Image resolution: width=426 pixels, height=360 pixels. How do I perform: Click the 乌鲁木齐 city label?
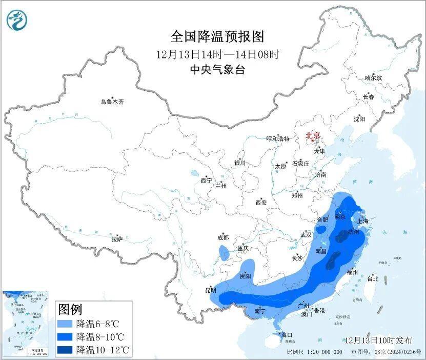[112, 102]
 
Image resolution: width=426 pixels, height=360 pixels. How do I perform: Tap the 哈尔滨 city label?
[373, 78]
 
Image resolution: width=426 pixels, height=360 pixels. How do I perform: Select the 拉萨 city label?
[117, 239]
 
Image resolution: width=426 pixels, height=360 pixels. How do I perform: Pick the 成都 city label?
[222, 237]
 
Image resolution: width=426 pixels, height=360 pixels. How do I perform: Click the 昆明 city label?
[211, 290]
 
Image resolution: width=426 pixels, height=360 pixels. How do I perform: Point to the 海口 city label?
[287, 335]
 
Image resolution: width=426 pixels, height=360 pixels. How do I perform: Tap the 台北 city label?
[372, 279]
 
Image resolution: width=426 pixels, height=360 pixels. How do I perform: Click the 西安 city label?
[261, 203]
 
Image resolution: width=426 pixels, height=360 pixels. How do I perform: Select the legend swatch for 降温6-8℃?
[65, 324]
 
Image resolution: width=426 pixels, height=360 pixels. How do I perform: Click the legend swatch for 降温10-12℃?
[65, 350]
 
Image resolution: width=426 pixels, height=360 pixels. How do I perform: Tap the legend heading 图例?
[70, 309]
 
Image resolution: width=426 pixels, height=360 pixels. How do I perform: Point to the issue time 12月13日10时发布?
[378, 340]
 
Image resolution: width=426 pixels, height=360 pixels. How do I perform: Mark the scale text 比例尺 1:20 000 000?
[314, 352]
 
